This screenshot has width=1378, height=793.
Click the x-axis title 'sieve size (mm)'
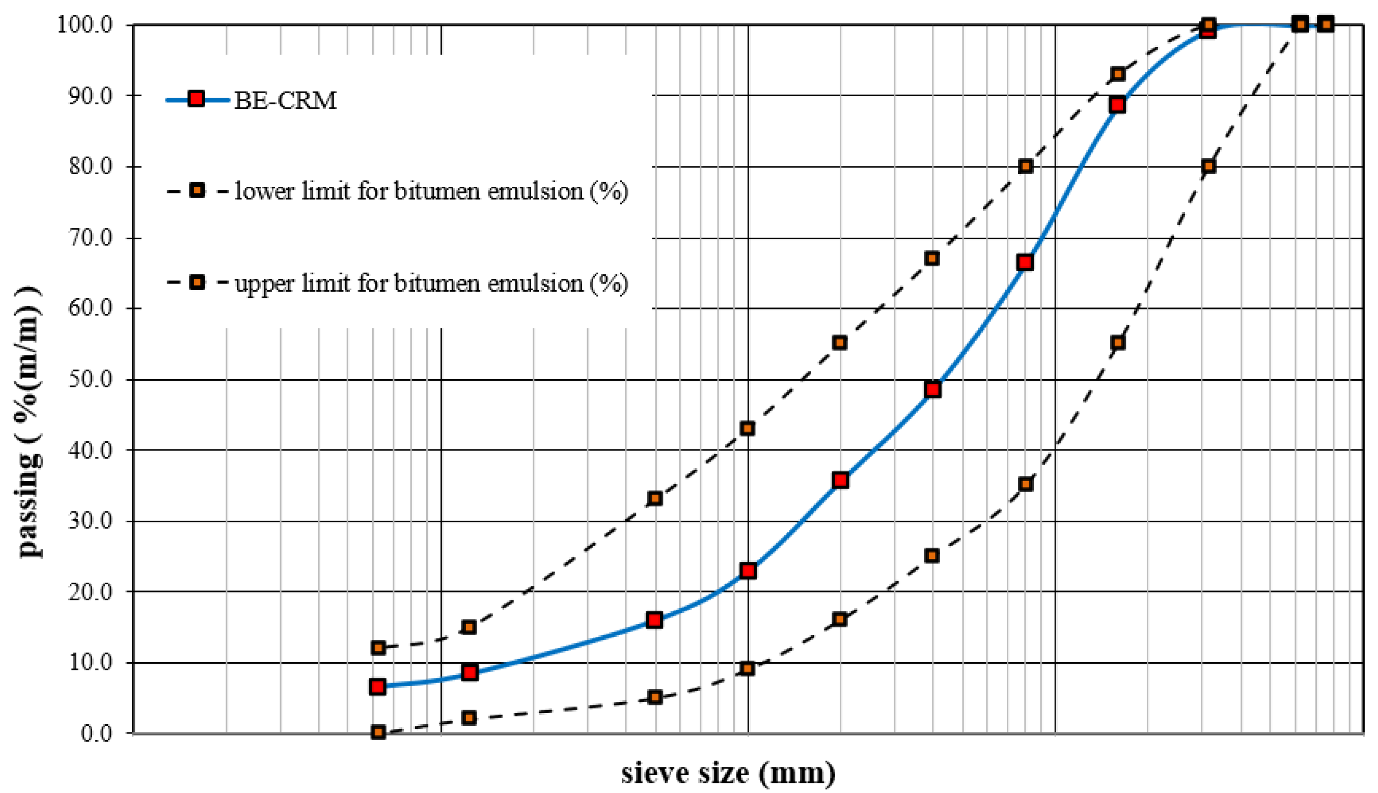[728, 773]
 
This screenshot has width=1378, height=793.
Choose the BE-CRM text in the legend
[286, 100]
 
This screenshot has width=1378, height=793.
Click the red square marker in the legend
[196, 99]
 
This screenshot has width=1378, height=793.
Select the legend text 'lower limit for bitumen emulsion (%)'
[431, 191]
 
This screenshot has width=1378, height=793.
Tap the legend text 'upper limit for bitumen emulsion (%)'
[431, 283]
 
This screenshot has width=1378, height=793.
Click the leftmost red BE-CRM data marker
[378, 687]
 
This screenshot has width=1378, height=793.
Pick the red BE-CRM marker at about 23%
[748, 571]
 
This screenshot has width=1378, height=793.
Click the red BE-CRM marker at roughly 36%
[840, 480]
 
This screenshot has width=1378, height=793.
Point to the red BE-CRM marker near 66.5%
[1025, 263]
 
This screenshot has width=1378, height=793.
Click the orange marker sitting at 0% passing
[378, 732]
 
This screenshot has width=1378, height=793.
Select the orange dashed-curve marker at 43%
[748, 429]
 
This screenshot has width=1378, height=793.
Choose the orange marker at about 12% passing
[378, 647]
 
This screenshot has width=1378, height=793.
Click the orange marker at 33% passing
[655, 498]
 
